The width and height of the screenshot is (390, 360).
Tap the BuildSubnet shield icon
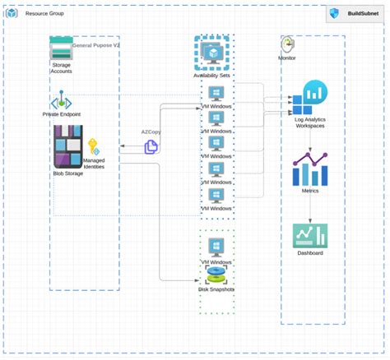click(x=334, y=14)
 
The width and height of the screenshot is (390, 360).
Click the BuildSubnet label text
click(x=363, y=14)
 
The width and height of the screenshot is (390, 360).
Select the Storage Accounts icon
click(x=61, y=50)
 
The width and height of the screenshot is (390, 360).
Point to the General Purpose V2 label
click(x=95, y=46)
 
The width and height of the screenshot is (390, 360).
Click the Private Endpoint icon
click(x=61, y=103)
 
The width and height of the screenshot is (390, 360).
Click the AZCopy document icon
click(x=151, y=146)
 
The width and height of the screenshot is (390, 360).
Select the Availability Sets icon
click(x=212, y=53)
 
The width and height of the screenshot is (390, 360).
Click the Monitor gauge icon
click(x=287, y=44)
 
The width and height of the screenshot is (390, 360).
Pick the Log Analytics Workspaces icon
click(x=310, y=98)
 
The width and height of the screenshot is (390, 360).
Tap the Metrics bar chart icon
click(x=310, y=169)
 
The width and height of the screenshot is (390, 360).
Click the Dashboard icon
click(x=310, y=237)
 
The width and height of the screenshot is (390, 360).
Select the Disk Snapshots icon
click(x=216, y=275)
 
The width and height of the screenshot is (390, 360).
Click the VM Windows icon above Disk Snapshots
click(x=216, y=247)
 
